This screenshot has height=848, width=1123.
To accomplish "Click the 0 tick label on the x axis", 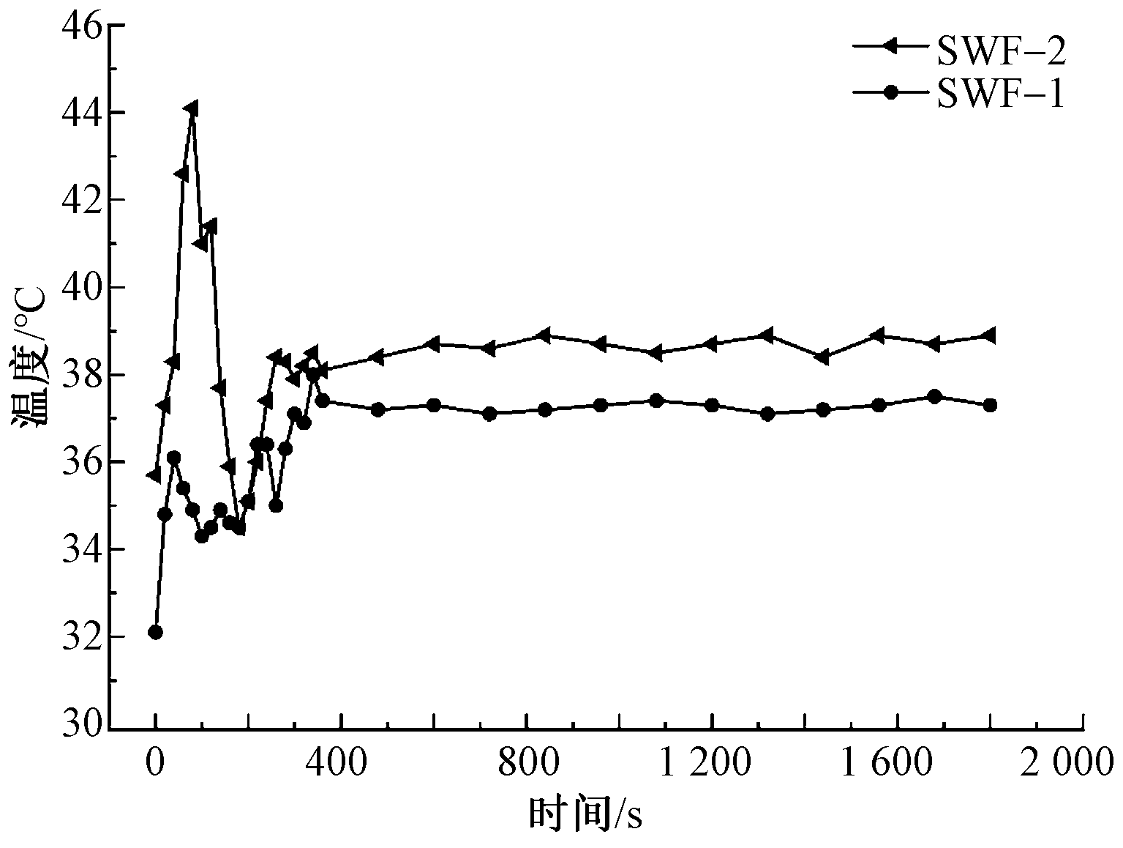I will [154, 764].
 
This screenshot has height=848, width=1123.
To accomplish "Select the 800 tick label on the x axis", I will [527, 764].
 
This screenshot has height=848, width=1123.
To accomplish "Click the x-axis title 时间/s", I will [585, 814].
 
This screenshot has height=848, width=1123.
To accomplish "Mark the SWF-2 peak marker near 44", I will [191, 109].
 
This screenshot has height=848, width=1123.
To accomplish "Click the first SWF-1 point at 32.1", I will [155, 632].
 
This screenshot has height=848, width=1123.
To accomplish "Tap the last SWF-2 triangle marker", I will [989, 335].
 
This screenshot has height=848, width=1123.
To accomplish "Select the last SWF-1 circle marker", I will [990, 405].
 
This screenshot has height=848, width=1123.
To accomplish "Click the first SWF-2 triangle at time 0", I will [154, 475].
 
